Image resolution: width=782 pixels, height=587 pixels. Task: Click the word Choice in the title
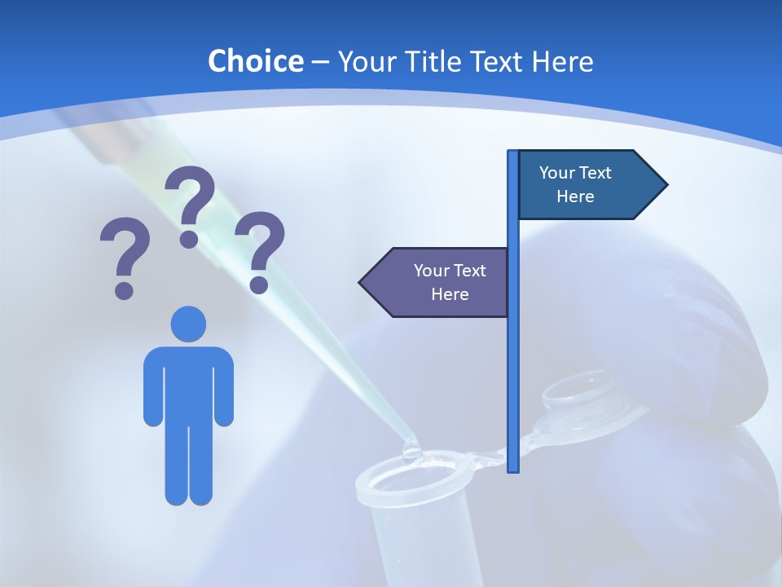[x=255, y=61]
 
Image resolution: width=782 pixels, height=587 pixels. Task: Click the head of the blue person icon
[x=188, y=324]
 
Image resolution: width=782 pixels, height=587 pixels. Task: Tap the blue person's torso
[x=188, y=383]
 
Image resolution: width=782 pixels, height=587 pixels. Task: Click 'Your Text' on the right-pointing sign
[x=575, y=173]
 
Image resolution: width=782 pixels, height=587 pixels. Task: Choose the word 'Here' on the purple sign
[x=450, y=294]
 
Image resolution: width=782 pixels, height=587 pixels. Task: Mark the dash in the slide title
[x=320, y=61]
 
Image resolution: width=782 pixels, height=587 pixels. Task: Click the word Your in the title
[x=363, y=61]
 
